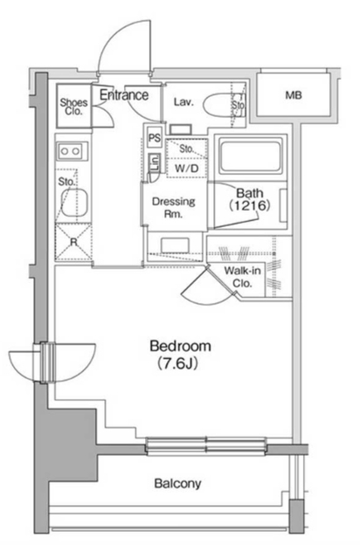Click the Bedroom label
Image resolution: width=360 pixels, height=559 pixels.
point(180,346)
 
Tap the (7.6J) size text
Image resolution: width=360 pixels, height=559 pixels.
point(177,364)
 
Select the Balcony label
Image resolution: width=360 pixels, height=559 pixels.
point(177,483)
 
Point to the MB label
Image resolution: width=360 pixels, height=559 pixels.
point(294,95)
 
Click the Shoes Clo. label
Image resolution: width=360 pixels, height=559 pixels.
point(74,107)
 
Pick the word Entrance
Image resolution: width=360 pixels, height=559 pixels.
point(124,95)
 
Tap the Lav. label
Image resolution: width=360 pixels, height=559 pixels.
point(183,102)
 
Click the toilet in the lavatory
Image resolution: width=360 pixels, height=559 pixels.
point(224,105)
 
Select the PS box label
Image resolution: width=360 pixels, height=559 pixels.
point(155,138)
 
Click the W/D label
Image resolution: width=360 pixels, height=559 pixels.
point(187,169)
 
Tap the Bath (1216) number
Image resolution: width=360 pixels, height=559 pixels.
point(250,205)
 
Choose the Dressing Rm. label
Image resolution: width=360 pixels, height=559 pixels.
point(174,208)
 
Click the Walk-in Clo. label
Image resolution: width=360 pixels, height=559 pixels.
point(242,277)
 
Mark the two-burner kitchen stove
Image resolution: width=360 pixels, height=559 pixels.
point(71,151)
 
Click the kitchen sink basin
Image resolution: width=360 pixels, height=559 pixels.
point(74,203)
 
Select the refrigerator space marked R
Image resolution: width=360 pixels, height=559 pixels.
point(73,242)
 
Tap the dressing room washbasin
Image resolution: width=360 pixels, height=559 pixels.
point(175,245)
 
